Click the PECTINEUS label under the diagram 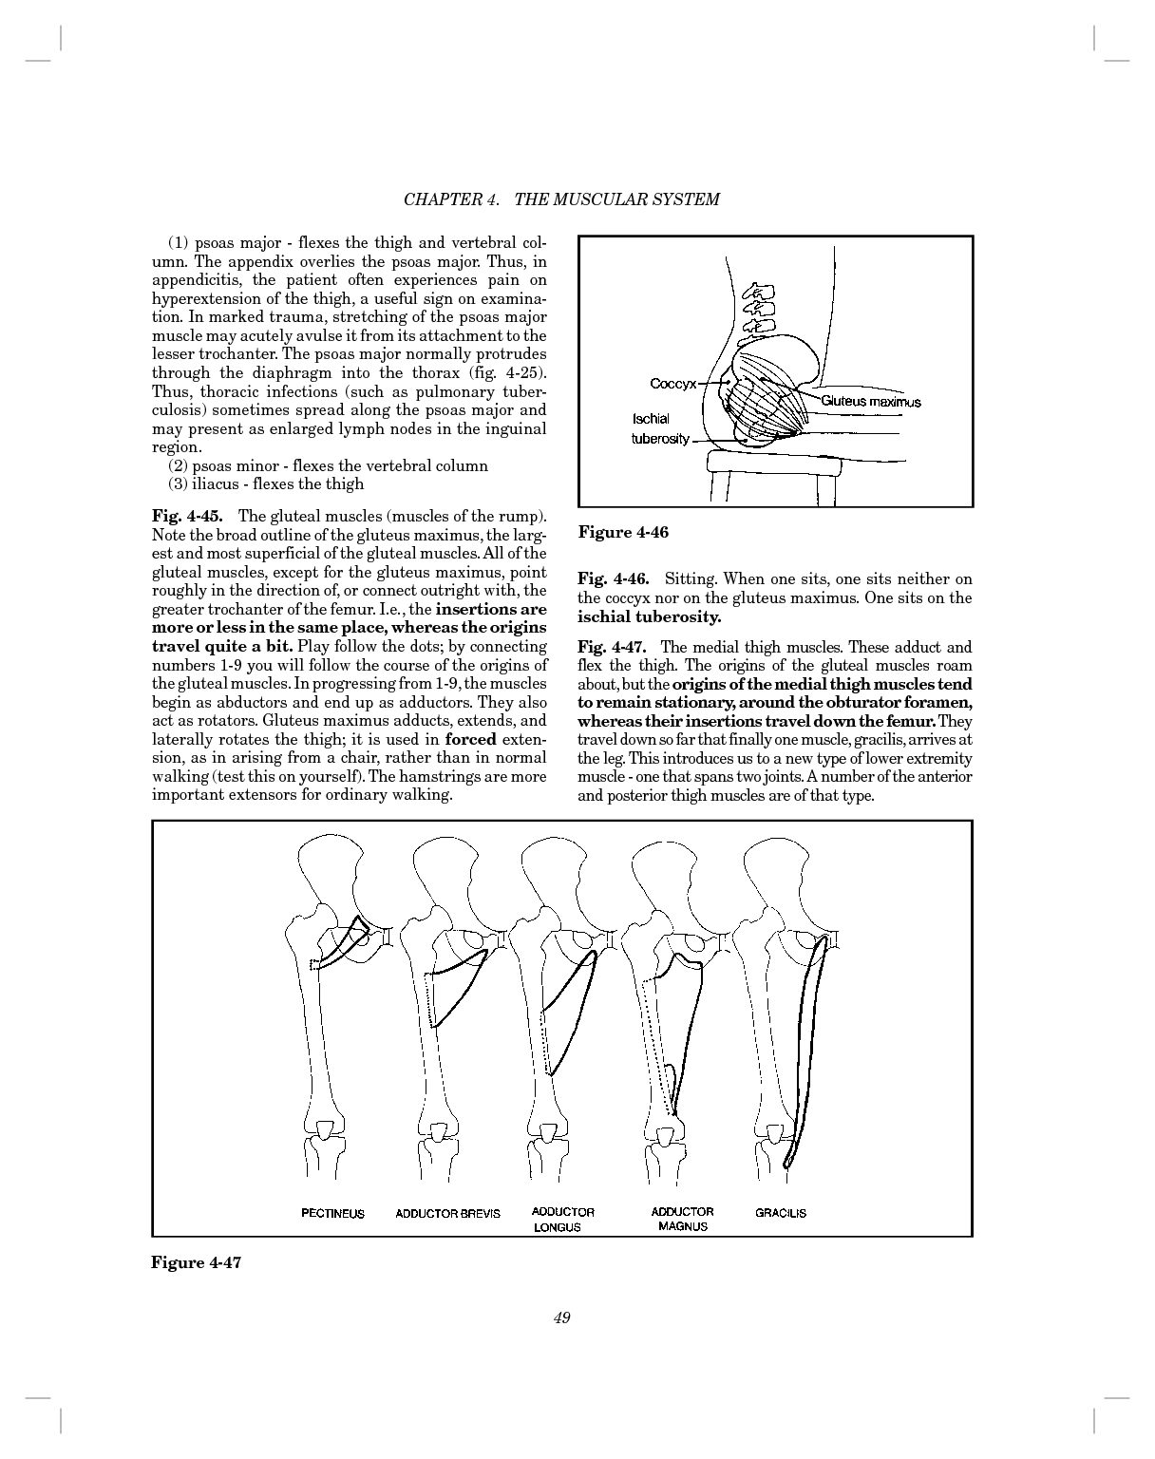click(332, 1213)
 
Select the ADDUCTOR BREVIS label click(447, 1213)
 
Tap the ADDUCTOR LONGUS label click(562, 1219)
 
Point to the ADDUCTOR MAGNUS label click(682, 1219)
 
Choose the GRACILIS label click(781, 1213)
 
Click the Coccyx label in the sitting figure click(672, 384)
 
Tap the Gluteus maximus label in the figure click(870, 402)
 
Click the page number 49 click(561, 1317)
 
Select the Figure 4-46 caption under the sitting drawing click(623, 532)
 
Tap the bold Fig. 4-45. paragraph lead click(187, 517)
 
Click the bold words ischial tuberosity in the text click(649, 616)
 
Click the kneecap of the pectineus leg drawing click(325, 1130)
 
